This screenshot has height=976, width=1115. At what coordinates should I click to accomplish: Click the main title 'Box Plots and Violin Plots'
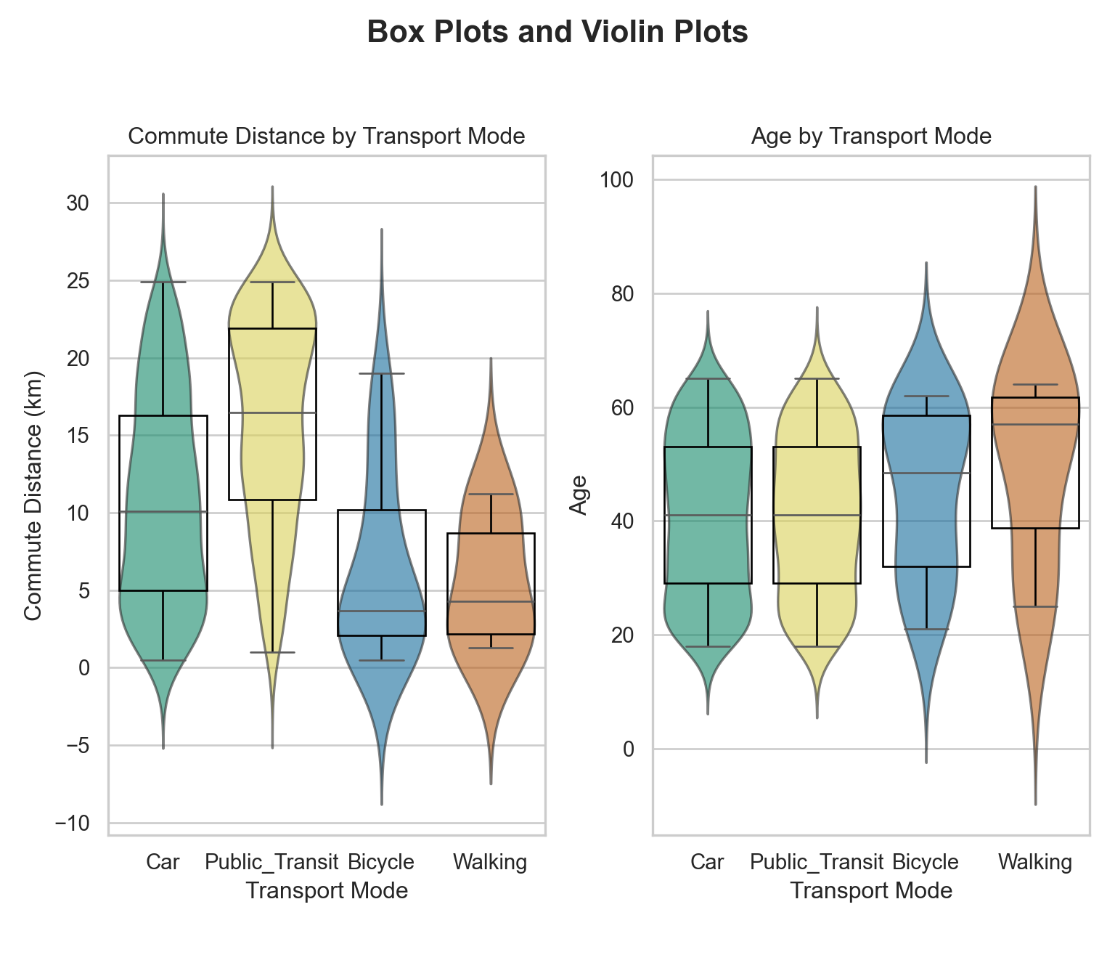click(557, 33)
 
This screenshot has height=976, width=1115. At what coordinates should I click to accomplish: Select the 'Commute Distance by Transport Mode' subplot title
click(326, 137)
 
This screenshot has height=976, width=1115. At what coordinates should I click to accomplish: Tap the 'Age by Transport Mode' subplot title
click(871, 137)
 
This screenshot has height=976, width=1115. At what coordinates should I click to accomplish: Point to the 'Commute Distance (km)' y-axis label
click(33, 495)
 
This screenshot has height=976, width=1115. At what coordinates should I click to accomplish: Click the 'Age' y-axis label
click(579, 495)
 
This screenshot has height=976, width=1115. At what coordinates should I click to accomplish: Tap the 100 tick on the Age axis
click(616, 180)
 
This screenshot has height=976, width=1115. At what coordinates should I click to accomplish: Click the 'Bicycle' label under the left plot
click(381, 863)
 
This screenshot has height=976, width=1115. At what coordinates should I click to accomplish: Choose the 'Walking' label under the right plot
click(1035, 863)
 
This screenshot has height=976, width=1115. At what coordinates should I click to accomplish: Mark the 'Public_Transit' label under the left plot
click(272, 863)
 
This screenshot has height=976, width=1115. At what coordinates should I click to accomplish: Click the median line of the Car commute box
click(163, 512)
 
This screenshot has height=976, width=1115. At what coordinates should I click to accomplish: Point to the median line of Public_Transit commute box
click(272, 412)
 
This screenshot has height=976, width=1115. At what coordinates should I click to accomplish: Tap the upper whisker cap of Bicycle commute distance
click(382, 373)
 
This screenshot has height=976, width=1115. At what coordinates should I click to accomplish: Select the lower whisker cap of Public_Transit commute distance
click(272, 652)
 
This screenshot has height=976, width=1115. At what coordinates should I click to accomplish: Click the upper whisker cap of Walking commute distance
click(491, 495)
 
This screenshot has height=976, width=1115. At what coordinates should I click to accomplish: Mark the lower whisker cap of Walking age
click(1035, 606)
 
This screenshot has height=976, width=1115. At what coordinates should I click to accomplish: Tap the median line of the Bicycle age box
click(926, 473)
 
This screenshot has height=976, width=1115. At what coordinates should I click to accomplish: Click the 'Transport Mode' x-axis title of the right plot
click(871, 891)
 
